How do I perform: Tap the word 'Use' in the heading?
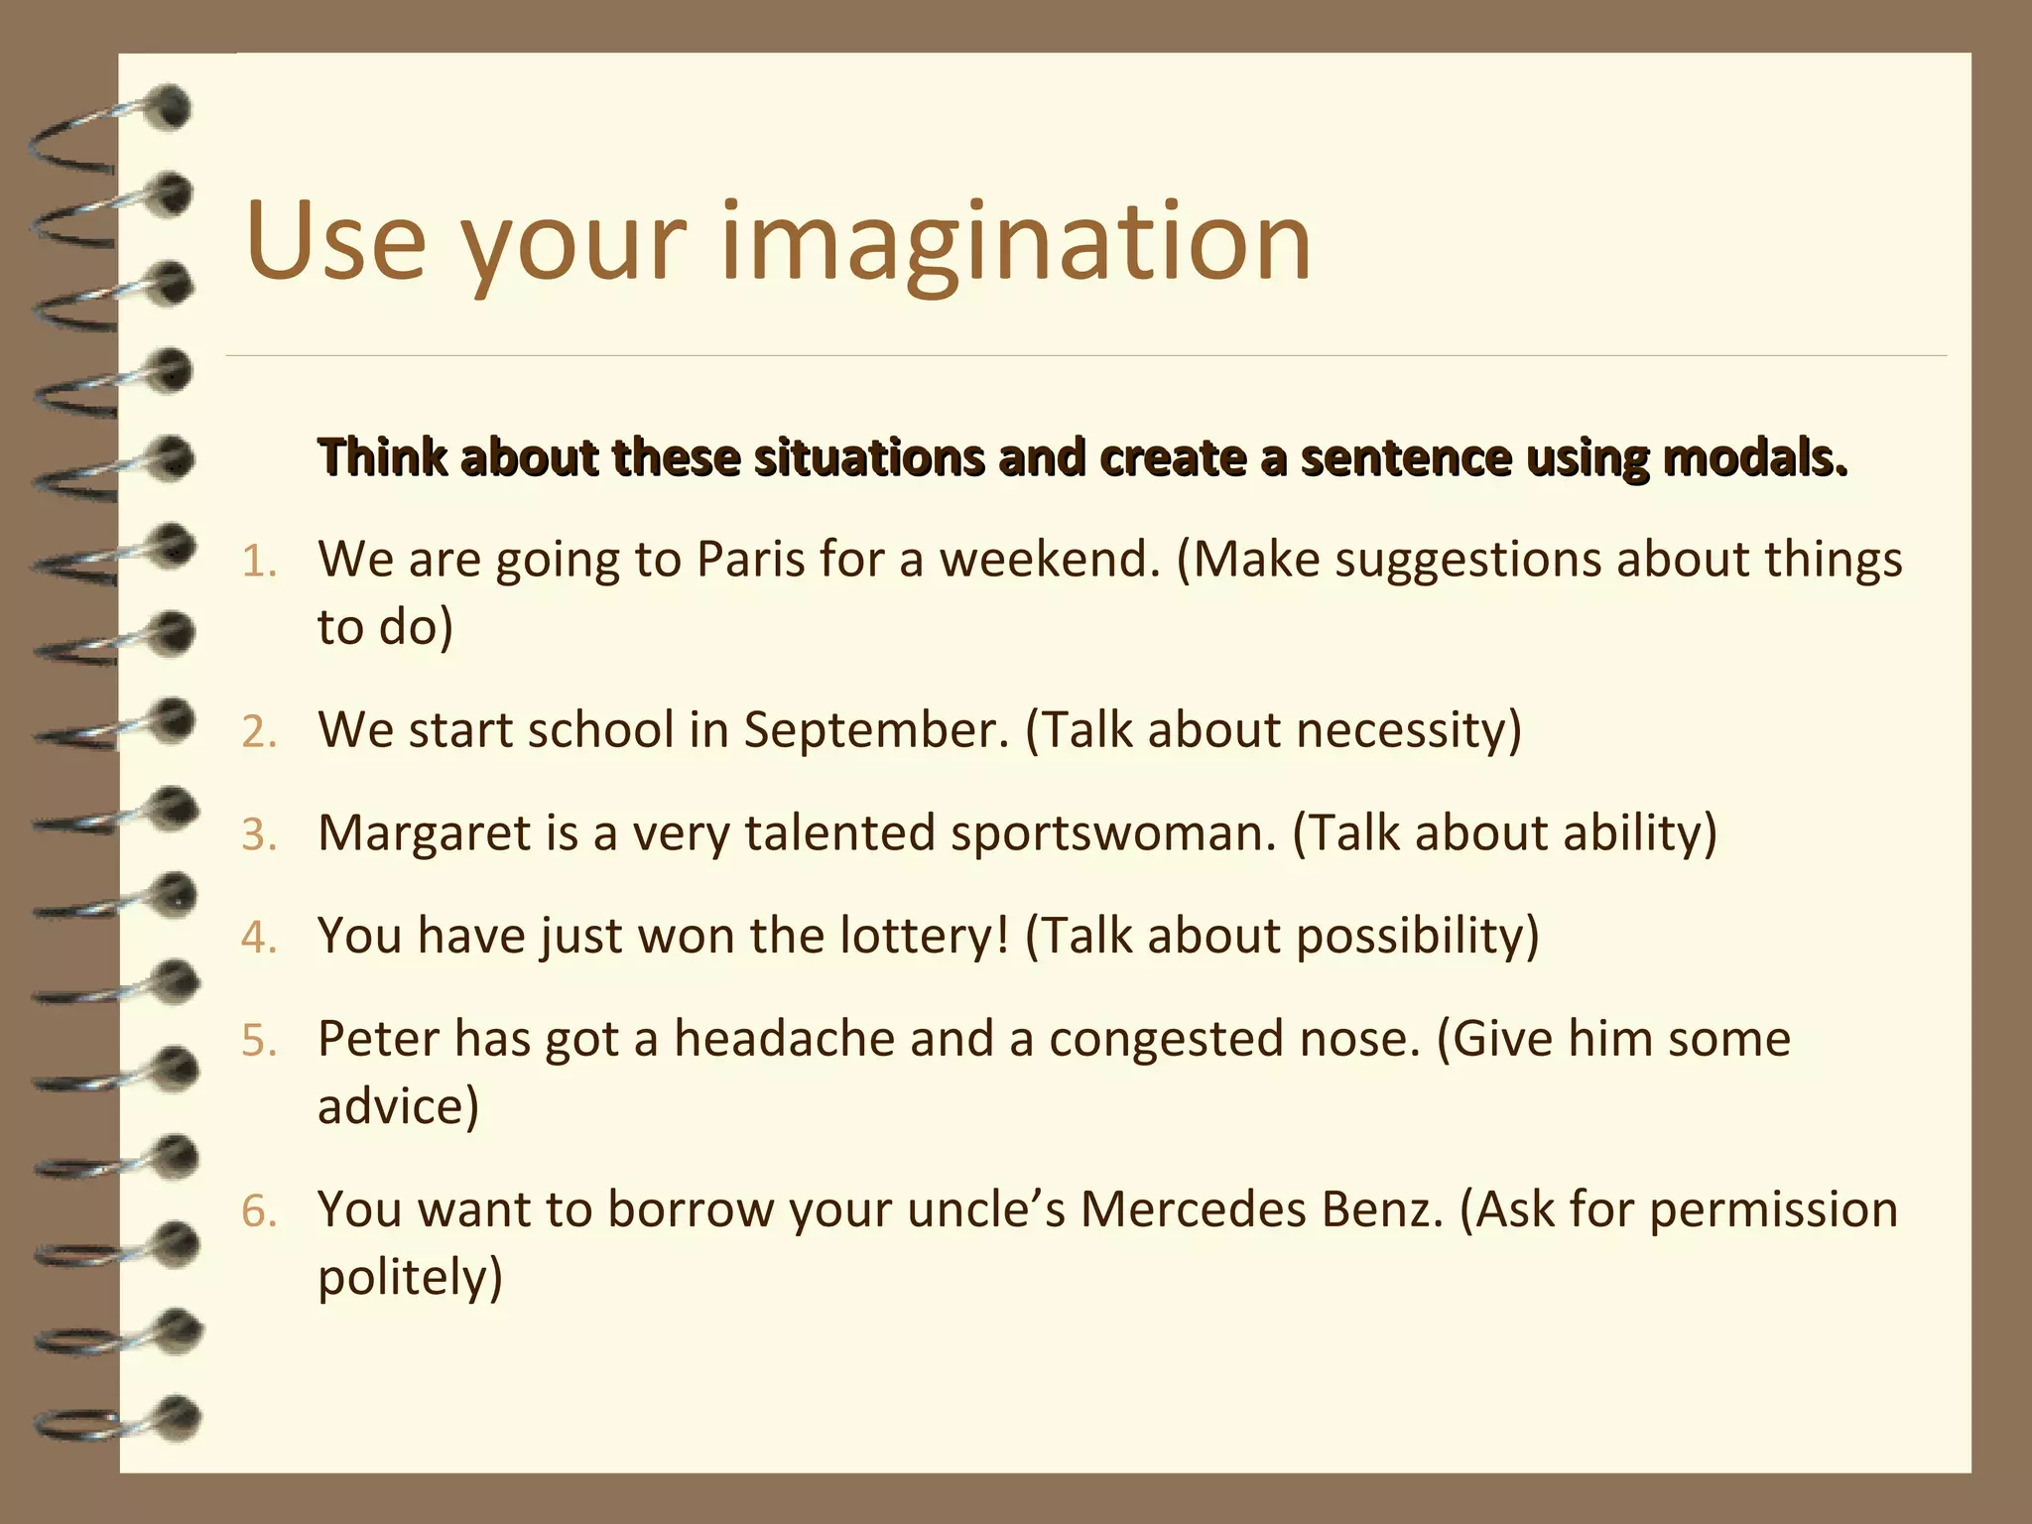pyautogui.click(x=335, y=243)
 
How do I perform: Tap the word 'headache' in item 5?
pyautogui.click(x=784, y=1039)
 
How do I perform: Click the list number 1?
pyautogui.click(x=258, y=563)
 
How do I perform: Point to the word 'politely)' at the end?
pyautogui.click(x=410, y=1277)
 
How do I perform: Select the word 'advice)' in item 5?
pyautogui.click(x=398, y=1106)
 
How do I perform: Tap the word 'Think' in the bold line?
pyautogui.click(x=382, y=457)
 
